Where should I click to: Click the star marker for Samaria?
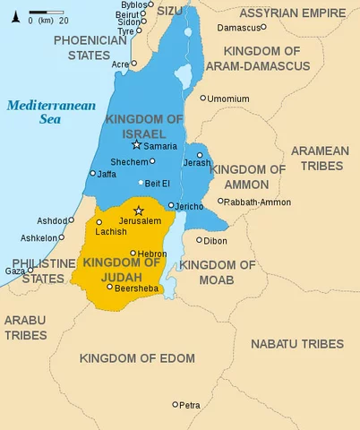pos(136,144)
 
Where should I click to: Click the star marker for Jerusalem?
pos(138,211)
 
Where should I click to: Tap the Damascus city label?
pos(245,28)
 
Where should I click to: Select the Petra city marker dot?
pos(176,405)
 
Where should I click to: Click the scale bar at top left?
pos(40,13)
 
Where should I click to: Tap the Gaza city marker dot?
pos(30,271)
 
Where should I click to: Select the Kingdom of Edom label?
pos(136,358)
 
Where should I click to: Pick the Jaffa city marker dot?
pos(92,174)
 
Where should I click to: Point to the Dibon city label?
pos(215,241)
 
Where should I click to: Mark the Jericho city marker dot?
pos(170,206)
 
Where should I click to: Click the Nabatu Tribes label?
pos(296,344)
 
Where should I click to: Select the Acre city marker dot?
pos(133,64)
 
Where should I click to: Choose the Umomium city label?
pos(227,99)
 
